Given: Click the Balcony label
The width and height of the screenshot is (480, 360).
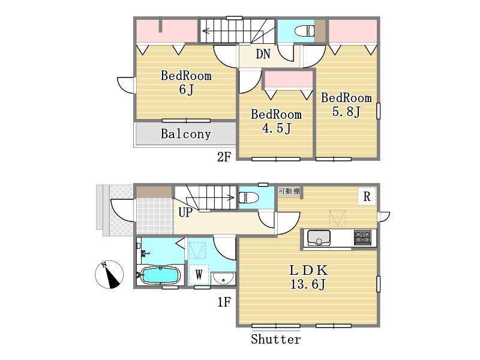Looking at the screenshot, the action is click(x=186, y=134).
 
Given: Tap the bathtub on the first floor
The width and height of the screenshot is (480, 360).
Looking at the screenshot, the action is click(x=160, y=276).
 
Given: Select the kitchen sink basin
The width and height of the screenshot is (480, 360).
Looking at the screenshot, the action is click(x=319, y=238).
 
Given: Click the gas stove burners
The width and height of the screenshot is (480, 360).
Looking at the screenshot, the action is click(x=363, y=238).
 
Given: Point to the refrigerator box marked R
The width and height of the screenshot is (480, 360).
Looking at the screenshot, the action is click(x=367, y=196).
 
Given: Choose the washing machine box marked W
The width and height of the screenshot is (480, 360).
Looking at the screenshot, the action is click(x=199, y=275).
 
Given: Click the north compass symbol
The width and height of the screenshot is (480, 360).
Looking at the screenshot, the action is click(x=109, y=274).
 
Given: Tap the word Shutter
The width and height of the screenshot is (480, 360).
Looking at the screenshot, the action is click(x=276, y=339).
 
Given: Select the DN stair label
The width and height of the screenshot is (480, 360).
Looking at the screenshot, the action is click(x=263, y=54).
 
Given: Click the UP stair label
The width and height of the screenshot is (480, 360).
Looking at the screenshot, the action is click(x=185, y=212).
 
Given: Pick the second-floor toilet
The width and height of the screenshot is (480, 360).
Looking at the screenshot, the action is click(x=304, y=31).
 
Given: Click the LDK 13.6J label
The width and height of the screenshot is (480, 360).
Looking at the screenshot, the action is click(x=308, y=277).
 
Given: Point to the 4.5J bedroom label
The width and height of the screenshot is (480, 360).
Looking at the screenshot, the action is click(x=277, y=121).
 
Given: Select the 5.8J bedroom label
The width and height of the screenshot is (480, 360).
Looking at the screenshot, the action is click(x=346, y=104).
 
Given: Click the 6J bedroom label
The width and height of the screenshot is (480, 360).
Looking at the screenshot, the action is click(x=186, y=83).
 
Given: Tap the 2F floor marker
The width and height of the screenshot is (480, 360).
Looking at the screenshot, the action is click(x=224, y=157).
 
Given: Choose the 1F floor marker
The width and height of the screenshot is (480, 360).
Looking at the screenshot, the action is click(x=224, y=302).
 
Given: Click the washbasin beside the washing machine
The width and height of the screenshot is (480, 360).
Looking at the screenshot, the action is click(x=223, y=278).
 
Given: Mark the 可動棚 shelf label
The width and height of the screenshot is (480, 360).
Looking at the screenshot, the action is click(x=289, y=191).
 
